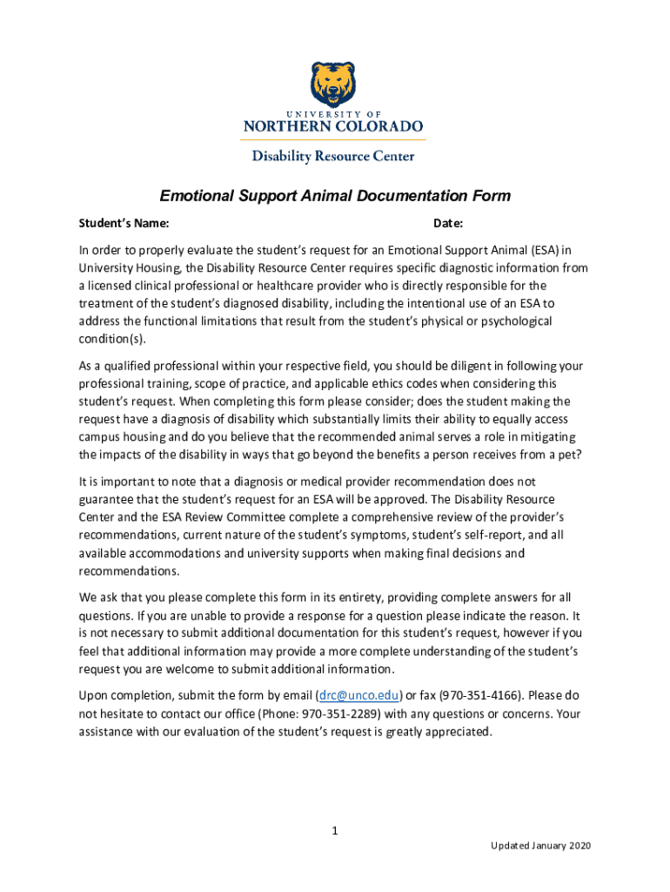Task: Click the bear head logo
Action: [333, 84]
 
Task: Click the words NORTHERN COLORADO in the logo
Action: [333, 126]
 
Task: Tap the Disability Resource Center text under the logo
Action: [333, 157]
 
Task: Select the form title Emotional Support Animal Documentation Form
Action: [334, 196]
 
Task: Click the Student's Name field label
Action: [118, 224]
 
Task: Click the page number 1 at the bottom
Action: [334, 831]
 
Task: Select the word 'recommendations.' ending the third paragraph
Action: [128, 571]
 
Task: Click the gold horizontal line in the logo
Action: [333, 139]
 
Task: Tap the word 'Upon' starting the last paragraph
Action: [94, 696]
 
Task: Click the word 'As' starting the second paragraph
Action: [86, 365]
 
